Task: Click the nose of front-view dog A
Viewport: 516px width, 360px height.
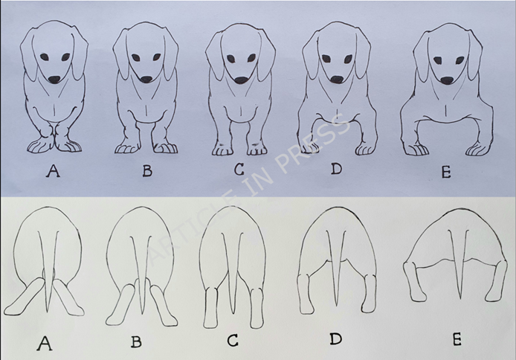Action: click(54, 80)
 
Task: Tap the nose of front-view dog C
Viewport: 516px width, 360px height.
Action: click(242, 80)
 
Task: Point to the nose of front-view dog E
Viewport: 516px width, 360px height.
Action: click(447, 80)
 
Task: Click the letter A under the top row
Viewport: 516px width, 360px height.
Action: click(53, 171)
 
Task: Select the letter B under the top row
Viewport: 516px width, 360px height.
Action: click(147, 171)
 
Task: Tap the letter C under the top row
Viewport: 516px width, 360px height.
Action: click(239, 170)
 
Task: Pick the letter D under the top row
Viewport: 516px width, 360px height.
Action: click(336, 169)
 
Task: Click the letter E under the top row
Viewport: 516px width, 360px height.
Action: click(446, 172)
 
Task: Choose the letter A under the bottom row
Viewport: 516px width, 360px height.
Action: click(45, 344)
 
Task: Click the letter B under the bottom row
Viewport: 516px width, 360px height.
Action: click(136, 342)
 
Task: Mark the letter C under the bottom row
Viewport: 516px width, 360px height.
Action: click(233, 340)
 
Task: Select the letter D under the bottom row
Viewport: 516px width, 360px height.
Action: click(335, 338)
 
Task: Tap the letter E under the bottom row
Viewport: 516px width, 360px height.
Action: click(457, 340)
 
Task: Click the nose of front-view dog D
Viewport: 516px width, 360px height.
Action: click(337, 79)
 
